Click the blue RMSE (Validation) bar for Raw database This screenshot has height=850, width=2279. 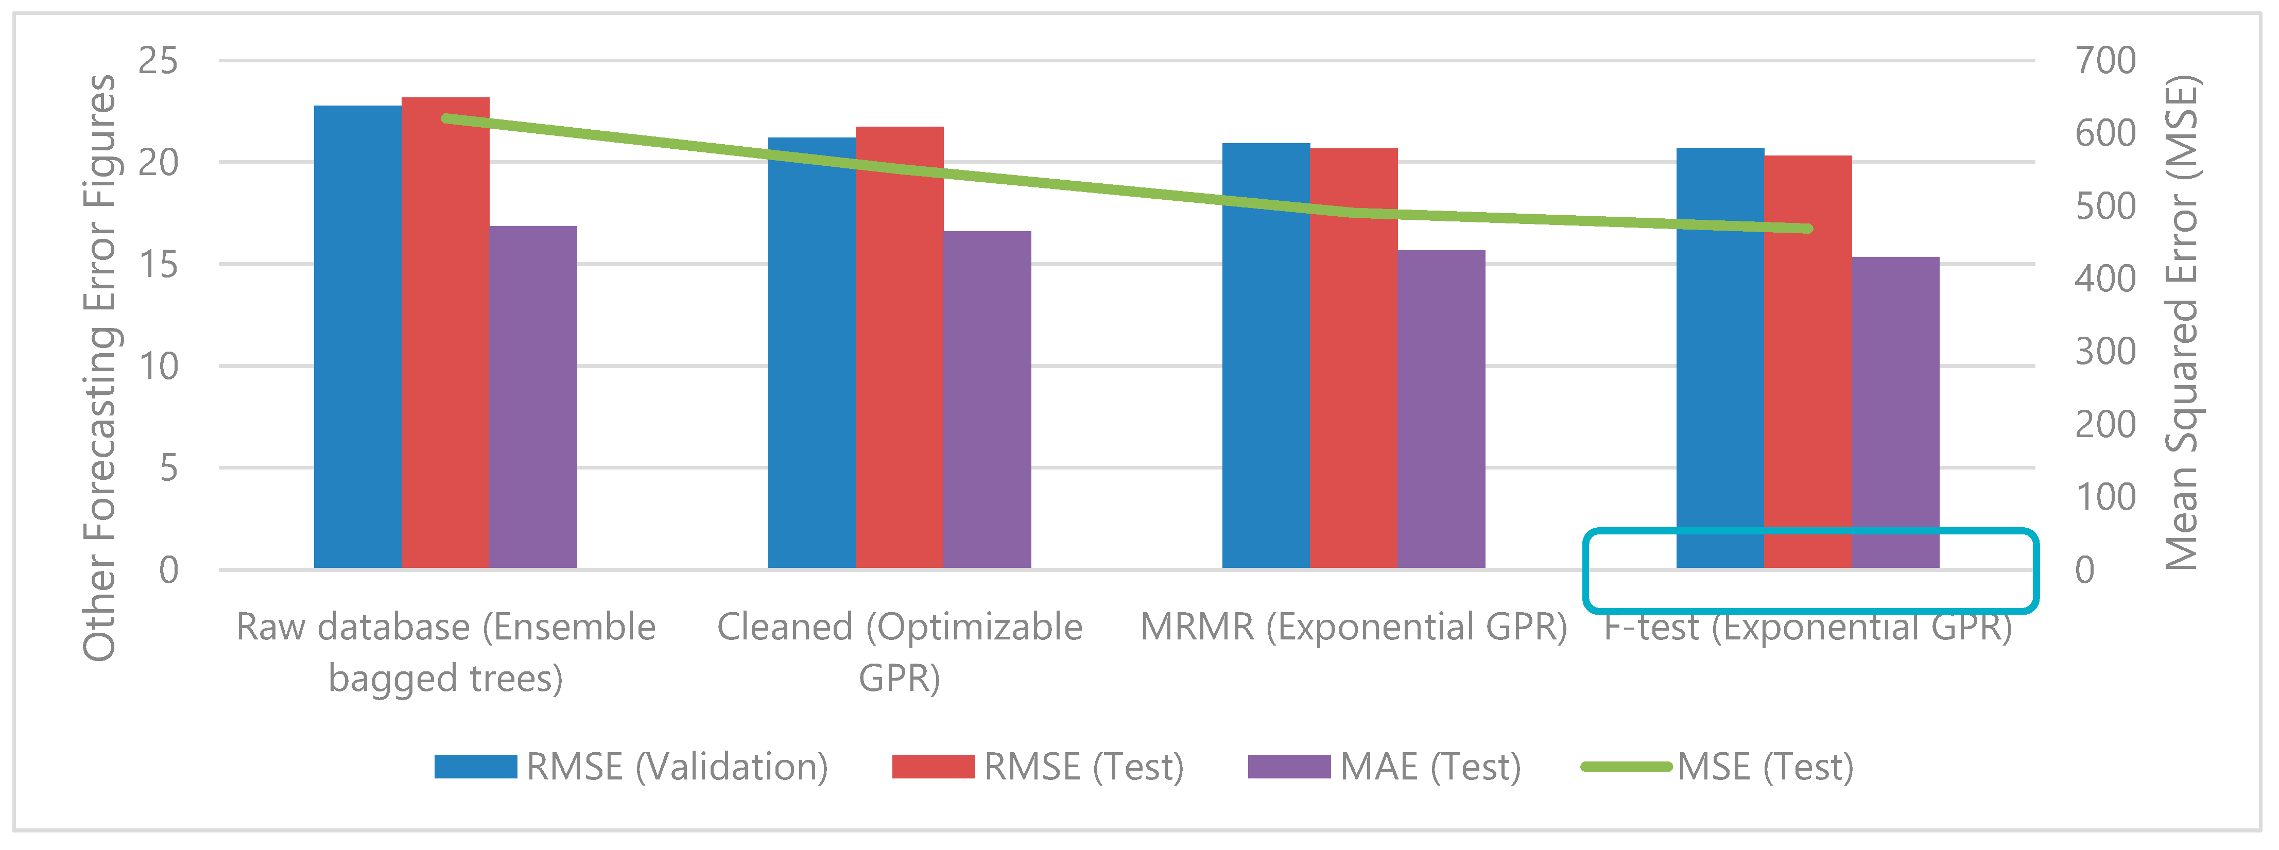[x=357, y=336]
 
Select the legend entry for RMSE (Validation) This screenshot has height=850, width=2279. [x=631, y=766]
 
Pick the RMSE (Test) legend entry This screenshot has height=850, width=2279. [x=1038, y=766]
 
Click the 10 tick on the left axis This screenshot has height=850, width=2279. [x=159, y=366]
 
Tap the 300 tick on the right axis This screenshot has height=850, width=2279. [x=2105, y=351]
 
